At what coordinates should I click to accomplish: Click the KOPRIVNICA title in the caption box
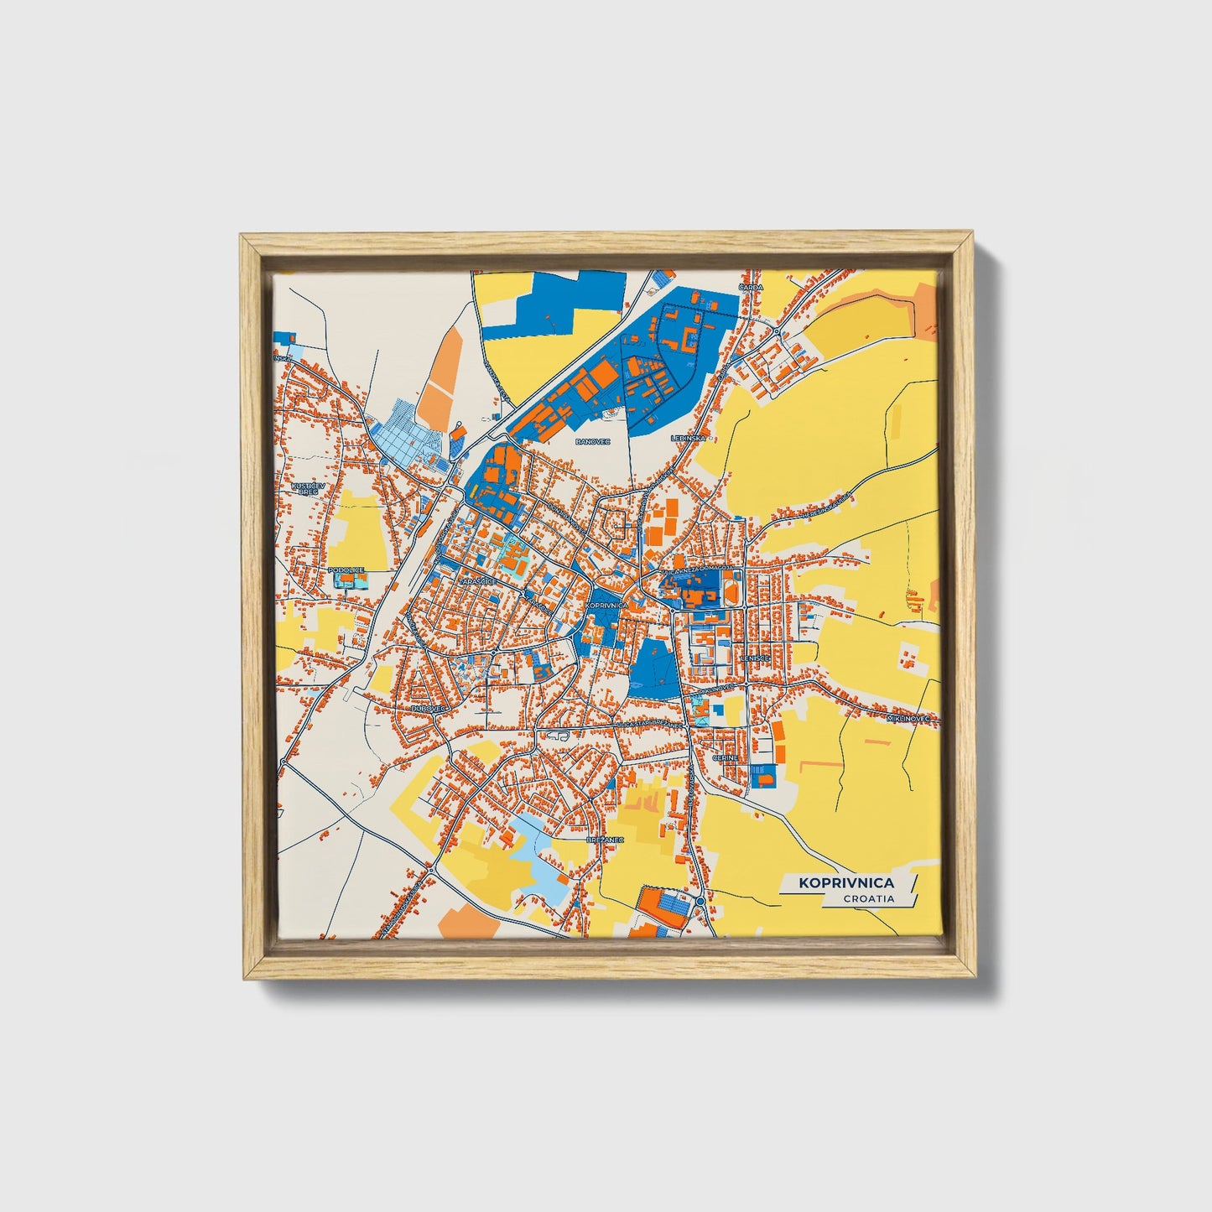[845, 882]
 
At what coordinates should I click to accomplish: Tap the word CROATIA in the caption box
[869, 898]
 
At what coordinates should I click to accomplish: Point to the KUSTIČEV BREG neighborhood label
[304, 488]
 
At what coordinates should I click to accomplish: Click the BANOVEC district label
[589, 440]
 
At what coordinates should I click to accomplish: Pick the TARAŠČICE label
[477, 580]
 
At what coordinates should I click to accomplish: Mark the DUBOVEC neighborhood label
[425, 708]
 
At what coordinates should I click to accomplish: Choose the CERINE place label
[725, 757]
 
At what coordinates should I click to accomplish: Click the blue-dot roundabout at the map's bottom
[700, 902]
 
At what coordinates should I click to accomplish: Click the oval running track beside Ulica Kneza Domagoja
[731, 592]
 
